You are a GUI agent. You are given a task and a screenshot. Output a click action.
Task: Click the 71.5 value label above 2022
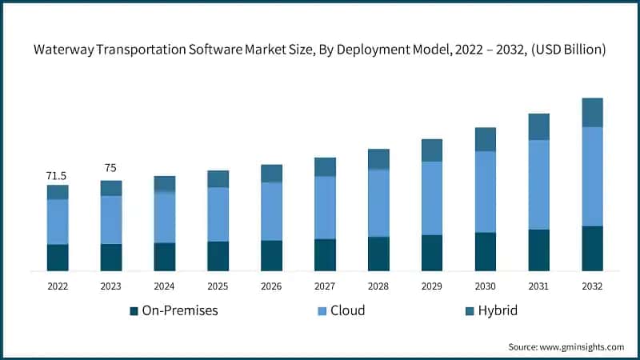pyautogui.click(x=58, y=175)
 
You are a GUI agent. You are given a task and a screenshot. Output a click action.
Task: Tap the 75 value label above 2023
pyautogui.click(x=111, y=168)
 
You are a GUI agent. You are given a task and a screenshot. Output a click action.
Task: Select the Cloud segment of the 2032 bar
pyautogui.click(x=592, y=176)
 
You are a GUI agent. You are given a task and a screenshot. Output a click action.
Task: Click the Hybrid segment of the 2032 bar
pyautogui.click(x=592, y=113)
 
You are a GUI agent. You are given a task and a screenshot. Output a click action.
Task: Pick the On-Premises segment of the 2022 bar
pyautogui.click(x=58, y=257)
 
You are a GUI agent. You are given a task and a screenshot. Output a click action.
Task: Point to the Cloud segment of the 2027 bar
pyautogui.click(x=325, y=207)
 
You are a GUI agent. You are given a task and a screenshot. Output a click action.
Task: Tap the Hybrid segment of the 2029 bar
pyautogui.click(x=432, y=150)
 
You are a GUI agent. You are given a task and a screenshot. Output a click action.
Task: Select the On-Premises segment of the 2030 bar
pyautogui.click(x=486, y=251)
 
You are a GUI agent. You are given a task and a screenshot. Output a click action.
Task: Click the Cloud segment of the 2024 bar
pyautogui.click(x=165, y=217)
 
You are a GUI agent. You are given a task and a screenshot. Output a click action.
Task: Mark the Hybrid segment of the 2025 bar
pyautogui.click(x=218, y=178)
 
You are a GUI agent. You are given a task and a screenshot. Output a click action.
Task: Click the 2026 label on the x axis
pyautogui.click(x=271, y=286)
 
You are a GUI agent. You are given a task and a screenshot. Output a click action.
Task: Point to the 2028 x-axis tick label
pyautogui.click(x=378, y=286)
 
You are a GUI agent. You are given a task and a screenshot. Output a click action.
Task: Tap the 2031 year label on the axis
pyautogui.click(x=538, y=286)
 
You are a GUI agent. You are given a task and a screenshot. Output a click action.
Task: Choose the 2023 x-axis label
pyautogui.click(x=111, y=286)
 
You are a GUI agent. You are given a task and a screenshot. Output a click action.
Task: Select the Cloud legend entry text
pyautogui.click(x=347, y=310)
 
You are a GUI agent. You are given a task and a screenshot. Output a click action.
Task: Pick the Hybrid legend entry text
pyautogui.click(x=498, y=310)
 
